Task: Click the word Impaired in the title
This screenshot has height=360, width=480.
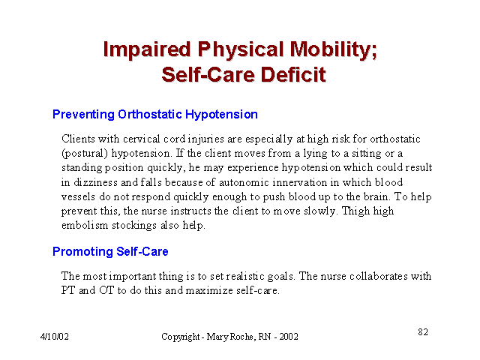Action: coord(147,49)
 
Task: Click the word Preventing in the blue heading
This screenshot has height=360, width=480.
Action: coord(83,115)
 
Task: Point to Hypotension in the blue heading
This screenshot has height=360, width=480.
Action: coord(221,115)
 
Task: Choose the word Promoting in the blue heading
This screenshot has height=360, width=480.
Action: coord(83,252)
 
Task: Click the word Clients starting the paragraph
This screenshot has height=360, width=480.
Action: coord(78,139)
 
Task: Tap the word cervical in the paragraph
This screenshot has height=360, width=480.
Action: coord(142,139)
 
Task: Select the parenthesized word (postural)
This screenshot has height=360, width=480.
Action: coord(85,153)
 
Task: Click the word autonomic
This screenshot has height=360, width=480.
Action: coord(244,182)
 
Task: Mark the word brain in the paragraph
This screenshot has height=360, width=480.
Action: coord(376,196)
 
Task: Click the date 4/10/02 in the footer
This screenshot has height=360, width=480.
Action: coord(55,337)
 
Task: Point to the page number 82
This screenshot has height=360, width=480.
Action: coord(423,331)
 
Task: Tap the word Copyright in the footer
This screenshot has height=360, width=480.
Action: coord(181,337)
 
